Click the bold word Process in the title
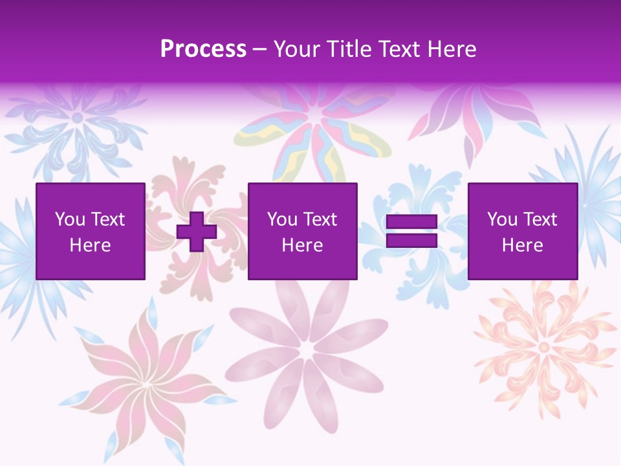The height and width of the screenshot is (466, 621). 203,49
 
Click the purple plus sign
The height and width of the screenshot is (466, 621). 197,232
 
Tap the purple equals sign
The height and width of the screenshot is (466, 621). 411,232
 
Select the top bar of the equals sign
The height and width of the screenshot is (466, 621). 411,222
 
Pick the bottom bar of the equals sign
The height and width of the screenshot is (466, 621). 411,241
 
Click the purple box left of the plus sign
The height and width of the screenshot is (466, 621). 91,231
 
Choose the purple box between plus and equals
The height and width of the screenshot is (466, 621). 303,231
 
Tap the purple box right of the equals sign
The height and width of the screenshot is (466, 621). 523,231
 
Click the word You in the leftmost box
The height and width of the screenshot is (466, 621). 70,219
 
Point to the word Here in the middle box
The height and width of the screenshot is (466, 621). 303,245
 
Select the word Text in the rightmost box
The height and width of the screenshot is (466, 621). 541,219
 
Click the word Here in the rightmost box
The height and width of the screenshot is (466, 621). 523,245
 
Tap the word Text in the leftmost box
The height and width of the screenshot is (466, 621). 109,219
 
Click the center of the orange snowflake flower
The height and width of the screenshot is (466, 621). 544,348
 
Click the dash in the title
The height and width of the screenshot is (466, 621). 259,49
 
